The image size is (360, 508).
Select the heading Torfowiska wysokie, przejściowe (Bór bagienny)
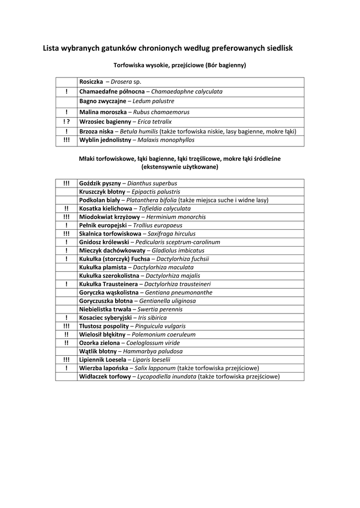(x=180, y=65)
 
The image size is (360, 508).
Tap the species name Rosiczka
(x=91, y=81)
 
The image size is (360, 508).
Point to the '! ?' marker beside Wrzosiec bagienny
(x=66, y=122)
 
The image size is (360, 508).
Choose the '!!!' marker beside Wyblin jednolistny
(x=66, y=140)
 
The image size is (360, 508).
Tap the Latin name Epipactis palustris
(x=155, y=191)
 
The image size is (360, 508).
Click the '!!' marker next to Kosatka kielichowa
(x=66, y=208)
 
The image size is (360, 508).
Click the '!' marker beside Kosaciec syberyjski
(x=66, y=317)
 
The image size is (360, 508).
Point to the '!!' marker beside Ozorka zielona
(x=66, y=343)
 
